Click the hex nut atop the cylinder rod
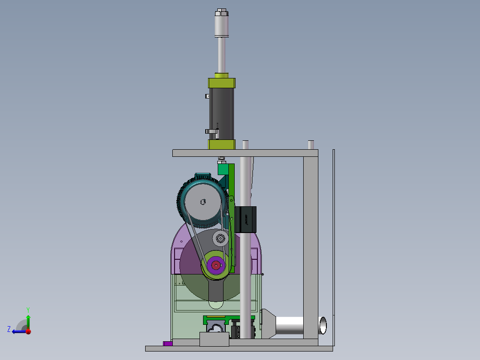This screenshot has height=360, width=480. coord(221,12)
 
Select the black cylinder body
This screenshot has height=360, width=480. coord(222,114)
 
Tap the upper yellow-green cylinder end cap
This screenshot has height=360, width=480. coord(222,83)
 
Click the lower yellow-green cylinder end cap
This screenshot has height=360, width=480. coord(222,144)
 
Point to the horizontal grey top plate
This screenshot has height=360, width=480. coord(245,153)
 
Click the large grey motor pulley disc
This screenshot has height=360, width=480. coord(203,201)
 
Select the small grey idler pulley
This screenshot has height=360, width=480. coord(220,238)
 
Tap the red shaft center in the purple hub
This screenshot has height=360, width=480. coord(216,266)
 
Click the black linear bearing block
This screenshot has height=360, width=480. coord(246,219)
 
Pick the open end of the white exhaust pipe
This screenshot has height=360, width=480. coord(323,325)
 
